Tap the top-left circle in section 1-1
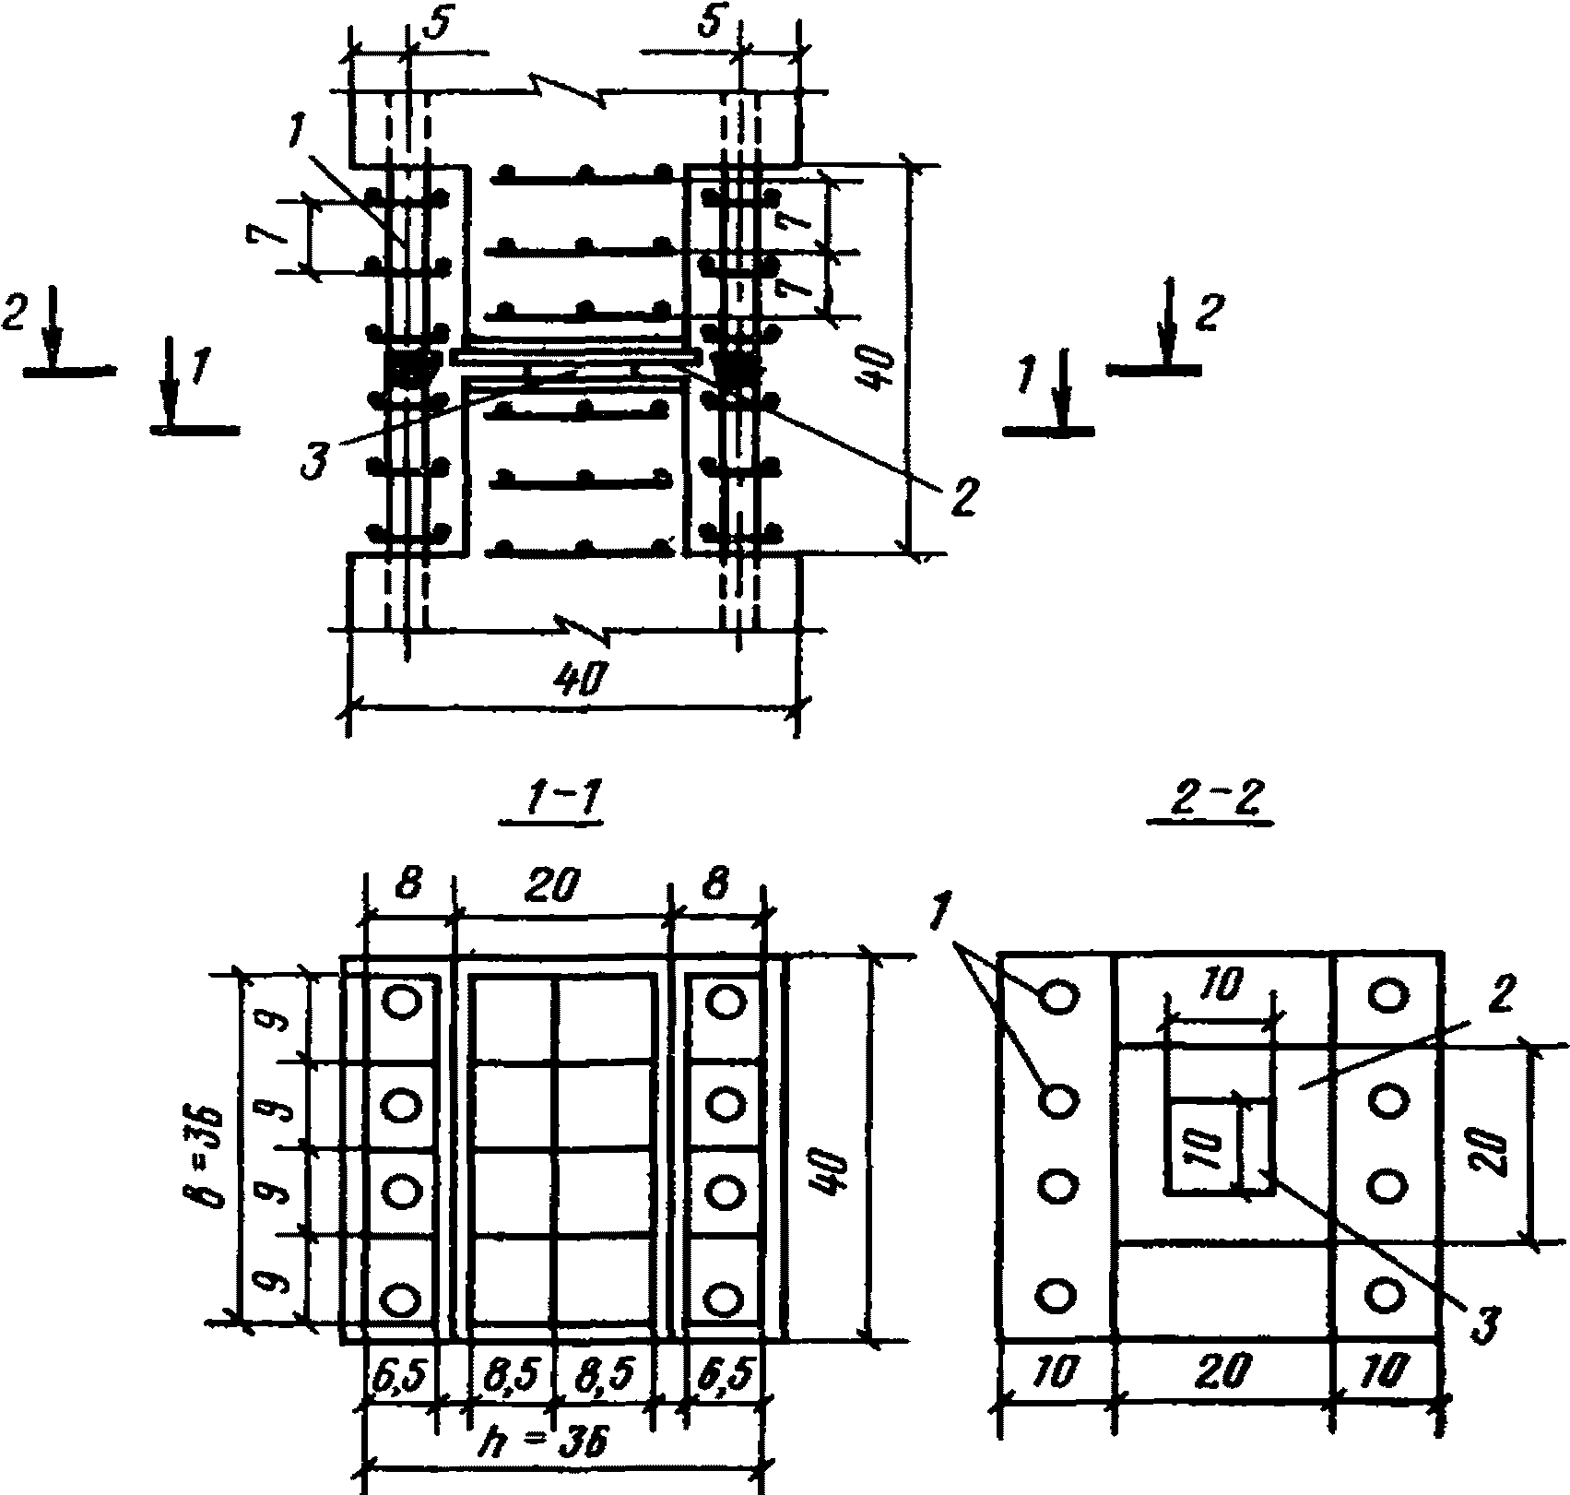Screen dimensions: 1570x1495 pos(402,1002)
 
